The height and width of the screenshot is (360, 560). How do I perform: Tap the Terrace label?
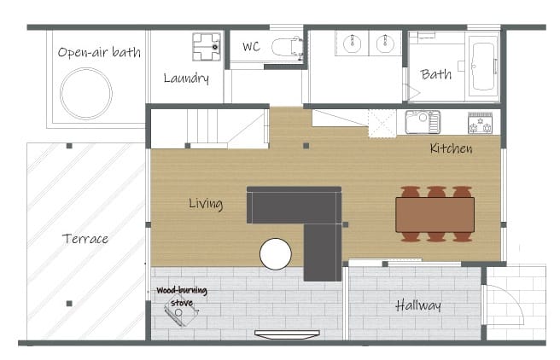85,239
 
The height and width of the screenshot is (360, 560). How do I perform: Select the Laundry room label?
186,78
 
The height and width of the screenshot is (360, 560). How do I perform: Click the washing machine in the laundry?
207,47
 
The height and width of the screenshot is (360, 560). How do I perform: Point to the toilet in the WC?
288,47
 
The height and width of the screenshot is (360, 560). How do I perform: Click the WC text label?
252,47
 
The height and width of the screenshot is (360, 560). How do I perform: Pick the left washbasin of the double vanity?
353,44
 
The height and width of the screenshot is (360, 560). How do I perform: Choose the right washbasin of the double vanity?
385,44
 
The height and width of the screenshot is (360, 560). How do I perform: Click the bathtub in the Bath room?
483,67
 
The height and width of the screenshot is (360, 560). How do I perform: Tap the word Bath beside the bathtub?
436,74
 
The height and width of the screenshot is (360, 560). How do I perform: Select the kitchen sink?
423,122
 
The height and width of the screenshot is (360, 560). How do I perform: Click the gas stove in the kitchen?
481,123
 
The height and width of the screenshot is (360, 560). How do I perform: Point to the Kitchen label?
451,148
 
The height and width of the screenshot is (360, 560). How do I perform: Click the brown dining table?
435,215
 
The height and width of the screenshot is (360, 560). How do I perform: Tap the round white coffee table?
276,253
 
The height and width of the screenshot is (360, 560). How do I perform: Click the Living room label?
206,204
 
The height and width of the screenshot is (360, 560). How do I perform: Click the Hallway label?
418,305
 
